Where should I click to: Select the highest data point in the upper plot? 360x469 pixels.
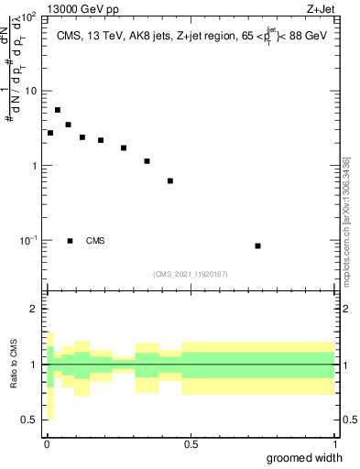(x=58, y=110)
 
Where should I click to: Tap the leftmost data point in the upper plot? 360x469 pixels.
(x=50, y=133)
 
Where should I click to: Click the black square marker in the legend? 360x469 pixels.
(x=71, y=241)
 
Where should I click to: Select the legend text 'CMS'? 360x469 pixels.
(x=95, y=241)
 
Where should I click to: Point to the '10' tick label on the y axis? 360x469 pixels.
(x=31, y=91)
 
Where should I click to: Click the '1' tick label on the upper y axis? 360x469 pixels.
(x=35, y=166)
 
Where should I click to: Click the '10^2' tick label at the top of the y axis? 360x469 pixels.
(x=28, y=16)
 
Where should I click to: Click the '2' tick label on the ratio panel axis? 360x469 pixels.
(x=35, y=309)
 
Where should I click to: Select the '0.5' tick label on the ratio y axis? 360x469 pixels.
(x=31, y=420)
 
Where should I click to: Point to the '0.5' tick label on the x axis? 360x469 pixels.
(x=191, y=444)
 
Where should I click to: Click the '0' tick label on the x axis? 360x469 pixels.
(x=47, y=444)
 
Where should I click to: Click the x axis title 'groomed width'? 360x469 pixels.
(x=305, y=457)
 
